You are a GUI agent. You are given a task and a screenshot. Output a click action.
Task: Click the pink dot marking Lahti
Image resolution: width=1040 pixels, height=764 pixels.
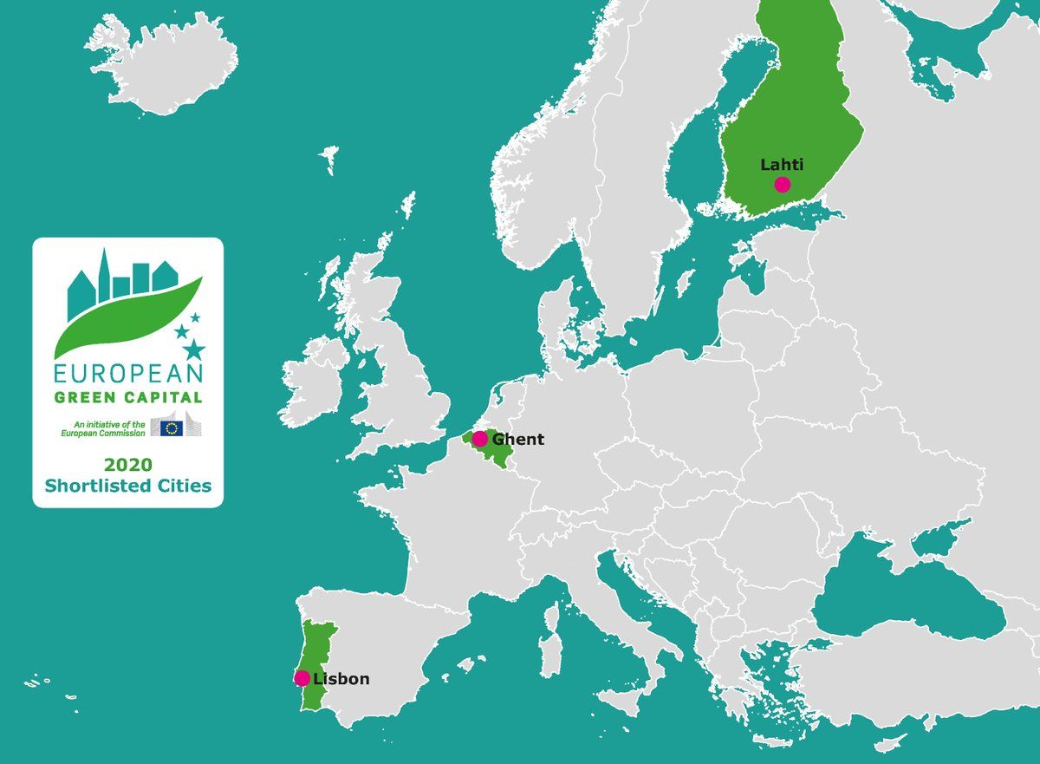(x=783, y=184)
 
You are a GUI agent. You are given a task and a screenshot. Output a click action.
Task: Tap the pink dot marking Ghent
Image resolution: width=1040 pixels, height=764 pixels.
(x=480, y=439)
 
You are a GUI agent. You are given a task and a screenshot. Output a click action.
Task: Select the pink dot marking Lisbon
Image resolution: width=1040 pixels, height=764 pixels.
(x=302, y=678)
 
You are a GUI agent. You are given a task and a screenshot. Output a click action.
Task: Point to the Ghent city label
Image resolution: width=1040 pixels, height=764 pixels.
(x=518, y=439)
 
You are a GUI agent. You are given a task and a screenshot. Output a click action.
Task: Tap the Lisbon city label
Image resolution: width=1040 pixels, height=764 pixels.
(x=341, y=679)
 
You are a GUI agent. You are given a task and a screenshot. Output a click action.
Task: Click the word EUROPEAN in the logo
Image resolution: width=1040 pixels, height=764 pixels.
(x=128, y=374)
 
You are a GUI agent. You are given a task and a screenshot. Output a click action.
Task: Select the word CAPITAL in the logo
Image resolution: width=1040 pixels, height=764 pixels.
(x=167, y=398)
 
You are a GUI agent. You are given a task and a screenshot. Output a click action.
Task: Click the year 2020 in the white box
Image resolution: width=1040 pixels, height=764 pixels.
(x=128, y=463)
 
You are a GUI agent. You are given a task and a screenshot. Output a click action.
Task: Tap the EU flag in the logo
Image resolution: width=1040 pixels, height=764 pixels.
(x=171, y=426)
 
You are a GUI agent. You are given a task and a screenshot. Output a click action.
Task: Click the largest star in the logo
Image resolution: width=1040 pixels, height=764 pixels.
(x=194, y=349)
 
